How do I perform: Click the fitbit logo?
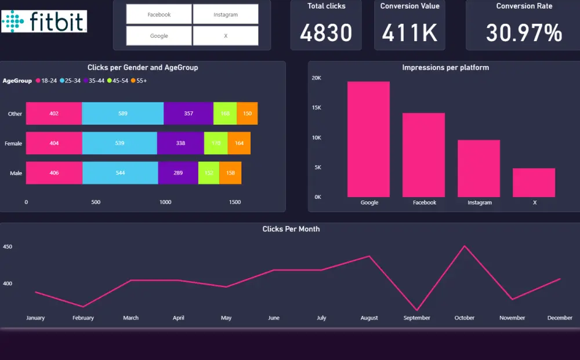pos(44,21)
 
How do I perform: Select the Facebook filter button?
pos(159,14)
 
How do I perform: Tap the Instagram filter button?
pos(226,14)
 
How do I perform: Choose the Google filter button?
pos(159,36)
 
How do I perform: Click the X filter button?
pos(226,36)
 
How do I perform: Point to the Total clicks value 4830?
pos(326,33)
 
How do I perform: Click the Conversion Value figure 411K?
pos(409,33)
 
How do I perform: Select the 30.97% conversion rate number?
pos(524,33)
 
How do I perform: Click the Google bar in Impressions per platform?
pos(369,139)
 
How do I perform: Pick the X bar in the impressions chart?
pos(534,183)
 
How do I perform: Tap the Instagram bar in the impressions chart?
pos(478,168)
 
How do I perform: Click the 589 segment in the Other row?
pos(123,114)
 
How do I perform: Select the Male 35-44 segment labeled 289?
pos(178,173)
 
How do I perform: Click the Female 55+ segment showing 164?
pos(239,143)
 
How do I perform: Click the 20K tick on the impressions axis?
pos(317,78)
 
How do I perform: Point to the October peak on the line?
pos(464,246)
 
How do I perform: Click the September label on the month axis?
pos(416,318)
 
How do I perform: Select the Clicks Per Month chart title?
pos(291,229)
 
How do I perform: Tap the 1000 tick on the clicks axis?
pos(165,202)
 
